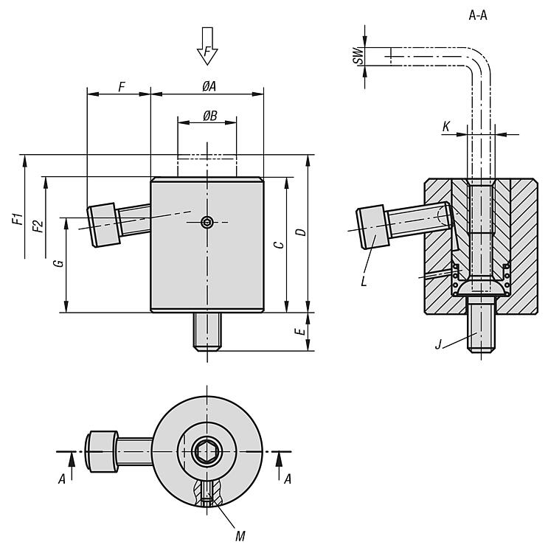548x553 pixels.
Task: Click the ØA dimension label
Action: click(x=209, y=86)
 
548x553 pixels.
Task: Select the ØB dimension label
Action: click(x=209, y=115)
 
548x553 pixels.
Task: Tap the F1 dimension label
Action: click(x=17, y=220)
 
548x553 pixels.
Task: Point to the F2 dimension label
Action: click(x=38, y=226)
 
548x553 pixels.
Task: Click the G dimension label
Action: click(x=60, y=262)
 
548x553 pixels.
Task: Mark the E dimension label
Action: click(x=299, y=332)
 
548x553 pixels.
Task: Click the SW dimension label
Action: click(x=358, y=56)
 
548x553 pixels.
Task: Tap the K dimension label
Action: click(x=445, y=127)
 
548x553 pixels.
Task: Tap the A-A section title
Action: click(x=478, y=13)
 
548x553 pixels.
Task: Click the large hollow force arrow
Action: click(x=208, y=46)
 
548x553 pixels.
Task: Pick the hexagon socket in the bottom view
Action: click(x=207, y=450)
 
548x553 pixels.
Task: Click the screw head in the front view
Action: click(x=103, y=225)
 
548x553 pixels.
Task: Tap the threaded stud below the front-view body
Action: click(x=208, y=331)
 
